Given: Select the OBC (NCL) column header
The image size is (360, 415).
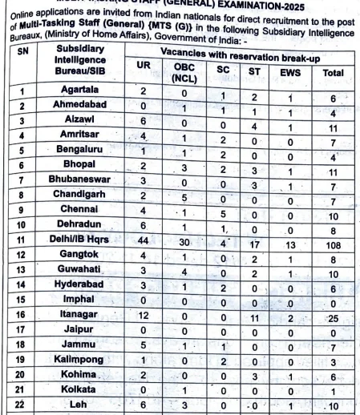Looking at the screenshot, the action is [184, 74].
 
